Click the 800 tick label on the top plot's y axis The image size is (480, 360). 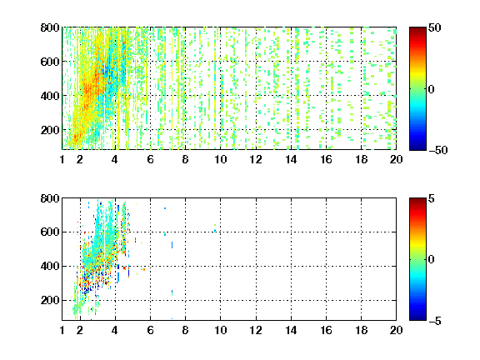[50, 27]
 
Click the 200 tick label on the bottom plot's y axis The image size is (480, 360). [50, 300]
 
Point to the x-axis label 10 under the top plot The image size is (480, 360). [220, 159]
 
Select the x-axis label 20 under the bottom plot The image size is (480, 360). [396, 330]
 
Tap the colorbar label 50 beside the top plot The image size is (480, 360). [434, 27]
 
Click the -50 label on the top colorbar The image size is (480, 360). [437, 150]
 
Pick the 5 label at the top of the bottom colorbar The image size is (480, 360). [432, 198]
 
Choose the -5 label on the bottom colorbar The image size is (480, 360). [435, 321]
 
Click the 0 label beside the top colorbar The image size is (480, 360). [432, 89]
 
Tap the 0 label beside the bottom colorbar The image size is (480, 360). [432, 260]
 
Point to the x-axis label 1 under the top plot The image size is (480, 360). [62, 159]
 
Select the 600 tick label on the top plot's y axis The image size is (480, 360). [50, 62]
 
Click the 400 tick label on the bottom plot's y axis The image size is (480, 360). [50, 266]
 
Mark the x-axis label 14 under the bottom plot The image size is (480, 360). [291, 330]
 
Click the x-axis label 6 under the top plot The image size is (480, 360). [150, 159]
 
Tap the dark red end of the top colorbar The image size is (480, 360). [417, 29]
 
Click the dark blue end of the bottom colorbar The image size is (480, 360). [417, 318]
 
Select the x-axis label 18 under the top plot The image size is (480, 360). [361, 159]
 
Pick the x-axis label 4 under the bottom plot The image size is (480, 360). [115, 330]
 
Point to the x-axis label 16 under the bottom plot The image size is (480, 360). [326, 330]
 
